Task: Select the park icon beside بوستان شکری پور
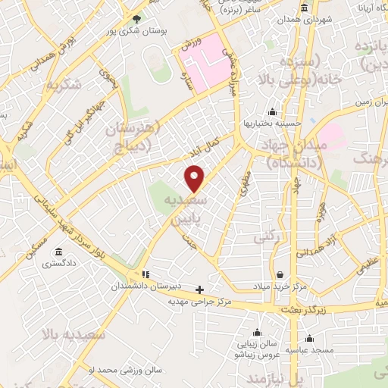coord(136,18)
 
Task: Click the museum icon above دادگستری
coord(58,252)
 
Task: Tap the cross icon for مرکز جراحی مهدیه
coord(199,289)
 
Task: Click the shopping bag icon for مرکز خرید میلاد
coord(280,274)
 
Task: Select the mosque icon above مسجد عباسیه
coord(308,339)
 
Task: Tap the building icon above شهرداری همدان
coord(305,8)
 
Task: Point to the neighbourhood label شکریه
coord(63,85)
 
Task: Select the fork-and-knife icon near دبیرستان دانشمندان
coord(144,274)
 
